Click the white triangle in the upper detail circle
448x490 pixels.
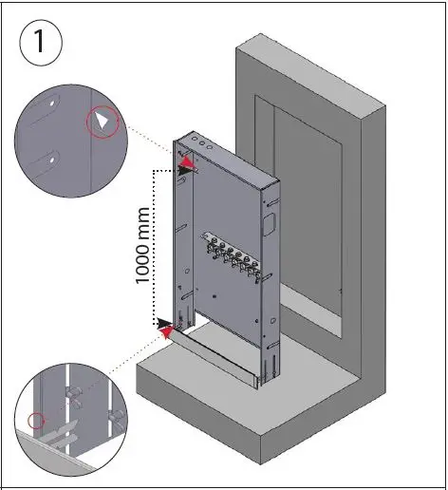pos(103,122)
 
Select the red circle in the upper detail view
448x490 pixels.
pos(103,122)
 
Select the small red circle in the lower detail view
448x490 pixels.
pos(36,420)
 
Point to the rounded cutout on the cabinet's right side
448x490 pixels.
pos(269,226)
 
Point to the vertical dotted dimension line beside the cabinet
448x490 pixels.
pos(154,247)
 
